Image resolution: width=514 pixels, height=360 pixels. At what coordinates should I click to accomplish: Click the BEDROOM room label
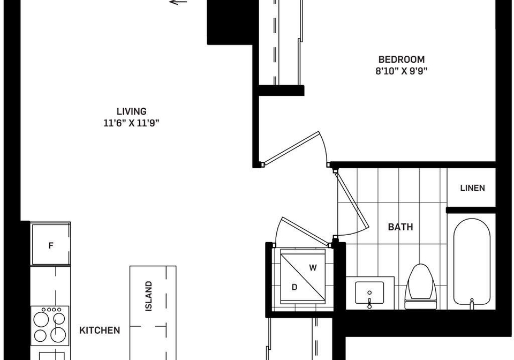[x=401, y=59]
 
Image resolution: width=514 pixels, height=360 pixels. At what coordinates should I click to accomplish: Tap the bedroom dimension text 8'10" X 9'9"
[x=402, y=71]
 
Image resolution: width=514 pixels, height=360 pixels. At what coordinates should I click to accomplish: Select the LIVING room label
[x=132, y=111]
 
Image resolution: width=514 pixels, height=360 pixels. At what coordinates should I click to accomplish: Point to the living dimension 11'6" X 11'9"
[x=132, y=123]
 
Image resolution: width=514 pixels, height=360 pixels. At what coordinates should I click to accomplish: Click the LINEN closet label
[x=472, y=188]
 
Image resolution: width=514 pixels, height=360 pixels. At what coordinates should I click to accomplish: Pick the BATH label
[x=400, y=227]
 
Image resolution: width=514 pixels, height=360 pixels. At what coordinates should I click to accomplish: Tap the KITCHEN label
[x=100, y=330]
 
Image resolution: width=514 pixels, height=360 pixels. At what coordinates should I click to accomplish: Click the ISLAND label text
[x=149, y=296]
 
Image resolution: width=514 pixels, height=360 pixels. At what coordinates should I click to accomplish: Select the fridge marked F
[x=51, y=244]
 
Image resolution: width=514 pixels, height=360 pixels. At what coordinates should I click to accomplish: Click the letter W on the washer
[x=313, y=268]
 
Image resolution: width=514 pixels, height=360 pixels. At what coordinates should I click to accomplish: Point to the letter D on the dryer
[x=294, y=287]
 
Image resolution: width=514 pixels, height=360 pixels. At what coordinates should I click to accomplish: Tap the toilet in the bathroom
[x=421, y=286]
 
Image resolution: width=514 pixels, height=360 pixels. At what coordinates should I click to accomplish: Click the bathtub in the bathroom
[x=472, y=262]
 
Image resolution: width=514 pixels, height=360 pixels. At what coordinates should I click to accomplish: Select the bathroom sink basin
[x=369, y=292]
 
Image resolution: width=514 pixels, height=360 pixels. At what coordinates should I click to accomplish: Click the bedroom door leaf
[x=291, y=148]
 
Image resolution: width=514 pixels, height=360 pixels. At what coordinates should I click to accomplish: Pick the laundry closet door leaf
[x=305, y=231]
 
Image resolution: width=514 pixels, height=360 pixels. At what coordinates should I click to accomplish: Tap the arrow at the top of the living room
[x=178, y=2]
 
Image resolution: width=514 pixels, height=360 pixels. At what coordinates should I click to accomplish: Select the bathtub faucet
[x=472, y=303]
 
